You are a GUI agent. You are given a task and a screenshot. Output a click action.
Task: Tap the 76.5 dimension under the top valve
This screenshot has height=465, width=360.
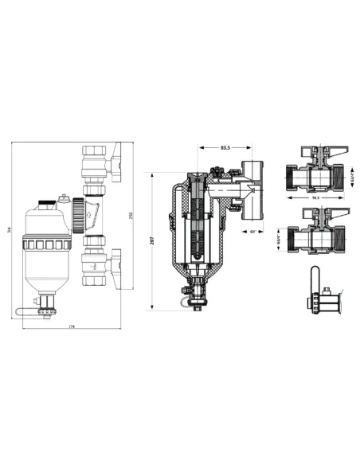point(315,198)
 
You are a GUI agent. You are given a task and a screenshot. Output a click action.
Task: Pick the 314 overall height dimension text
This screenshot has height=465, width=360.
point(10,231)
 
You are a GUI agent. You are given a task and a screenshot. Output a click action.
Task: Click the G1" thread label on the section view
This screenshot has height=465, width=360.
point(252,232)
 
